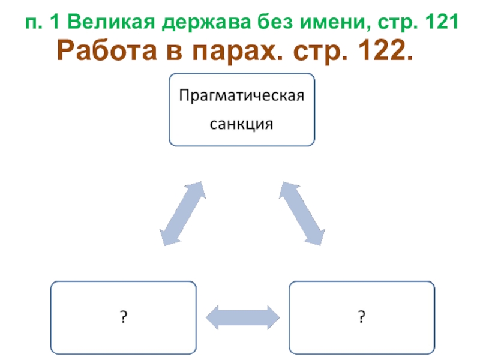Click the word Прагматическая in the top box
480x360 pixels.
[242, 96]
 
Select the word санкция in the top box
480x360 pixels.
[241, 124]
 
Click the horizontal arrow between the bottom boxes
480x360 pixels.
[242, 316]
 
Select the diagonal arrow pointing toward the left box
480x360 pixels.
[182, 213]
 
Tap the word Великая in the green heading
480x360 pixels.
[104, 23]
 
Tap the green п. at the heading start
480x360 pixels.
[34, 24]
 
